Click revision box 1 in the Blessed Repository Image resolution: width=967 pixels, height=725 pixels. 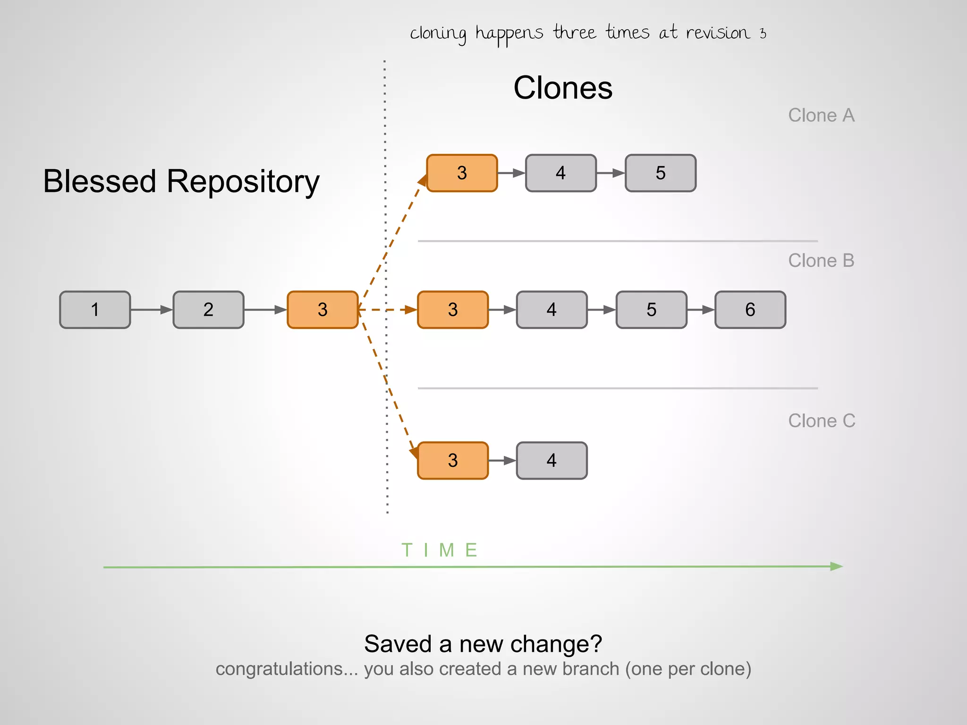point(95,310)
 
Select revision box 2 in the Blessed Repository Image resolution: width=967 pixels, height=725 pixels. point(208,310)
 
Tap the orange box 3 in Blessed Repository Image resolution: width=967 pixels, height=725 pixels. point(322,310)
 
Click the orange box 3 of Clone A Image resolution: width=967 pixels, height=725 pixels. point(462,173)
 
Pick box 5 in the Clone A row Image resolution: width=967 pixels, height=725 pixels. point(660,173)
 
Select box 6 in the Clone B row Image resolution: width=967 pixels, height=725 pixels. point(750,310)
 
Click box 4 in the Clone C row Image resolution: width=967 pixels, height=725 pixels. point(551,460)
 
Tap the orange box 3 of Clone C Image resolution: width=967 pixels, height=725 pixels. point(453,460)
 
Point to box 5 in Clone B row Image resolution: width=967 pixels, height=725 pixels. point(651,310)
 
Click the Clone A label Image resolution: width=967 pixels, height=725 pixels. point(821,115)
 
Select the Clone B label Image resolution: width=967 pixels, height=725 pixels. point(821,261)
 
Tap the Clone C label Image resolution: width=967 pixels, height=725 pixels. point(821,421)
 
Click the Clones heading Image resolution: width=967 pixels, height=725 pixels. point(562,88)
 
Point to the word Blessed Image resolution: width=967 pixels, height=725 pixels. point(100,181)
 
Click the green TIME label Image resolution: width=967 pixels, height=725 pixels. point(440,550)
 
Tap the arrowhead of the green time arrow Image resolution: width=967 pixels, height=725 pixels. point(836,566)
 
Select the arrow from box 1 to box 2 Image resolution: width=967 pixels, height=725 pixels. point(152,310)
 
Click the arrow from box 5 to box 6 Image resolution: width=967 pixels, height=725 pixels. point(701,310)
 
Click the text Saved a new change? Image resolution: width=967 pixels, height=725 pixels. point(483,644)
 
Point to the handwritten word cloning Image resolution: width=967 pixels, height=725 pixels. point(438,34)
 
